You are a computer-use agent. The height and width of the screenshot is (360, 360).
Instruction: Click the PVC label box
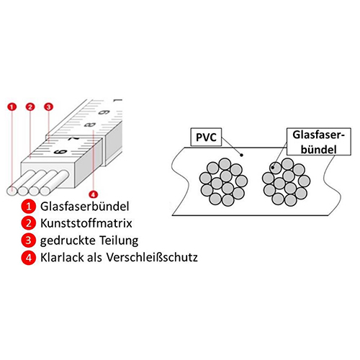coord(206,137)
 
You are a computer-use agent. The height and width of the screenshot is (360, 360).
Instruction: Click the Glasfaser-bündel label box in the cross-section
coord(319,142)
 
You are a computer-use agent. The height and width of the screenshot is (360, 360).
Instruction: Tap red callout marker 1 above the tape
coord(12,107)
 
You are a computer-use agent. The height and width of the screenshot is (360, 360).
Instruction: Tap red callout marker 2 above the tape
coord(30,107)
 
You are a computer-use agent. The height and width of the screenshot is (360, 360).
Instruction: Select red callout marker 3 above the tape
coord(48,107)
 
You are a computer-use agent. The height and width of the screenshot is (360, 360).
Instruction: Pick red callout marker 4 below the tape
coord(93,194)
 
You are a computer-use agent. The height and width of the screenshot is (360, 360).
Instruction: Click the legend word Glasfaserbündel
coord(85,207)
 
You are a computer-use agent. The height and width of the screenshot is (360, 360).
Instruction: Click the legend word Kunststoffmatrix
coord(86,223)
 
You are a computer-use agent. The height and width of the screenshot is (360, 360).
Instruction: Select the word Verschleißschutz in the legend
coord(152,257)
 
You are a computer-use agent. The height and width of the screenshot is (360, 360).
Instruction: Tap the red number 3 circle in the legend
coord(29,240)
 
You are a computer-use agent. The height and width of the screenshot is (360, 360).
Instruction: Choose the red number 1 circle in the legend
coord(29,207)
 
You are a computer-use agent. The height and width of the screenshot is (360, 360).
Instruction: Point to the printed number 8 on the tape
coord(90,125)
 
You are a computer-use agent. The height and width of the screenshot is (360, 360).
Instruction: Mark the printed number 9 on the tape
coord(105,112)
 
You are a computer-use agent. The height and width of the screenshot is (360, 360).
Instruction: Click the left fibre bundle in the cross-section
coord(223,182)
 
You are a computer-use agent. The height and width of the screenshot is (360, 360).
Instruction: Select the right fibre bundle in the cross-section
coord(286,182)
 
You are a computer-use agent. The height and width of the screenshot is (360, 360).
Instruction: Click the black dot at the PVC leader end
coord(242,156)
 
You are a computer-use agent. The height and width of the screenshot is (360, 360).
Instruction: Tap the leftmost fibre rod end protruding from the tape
coord(12,191)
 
